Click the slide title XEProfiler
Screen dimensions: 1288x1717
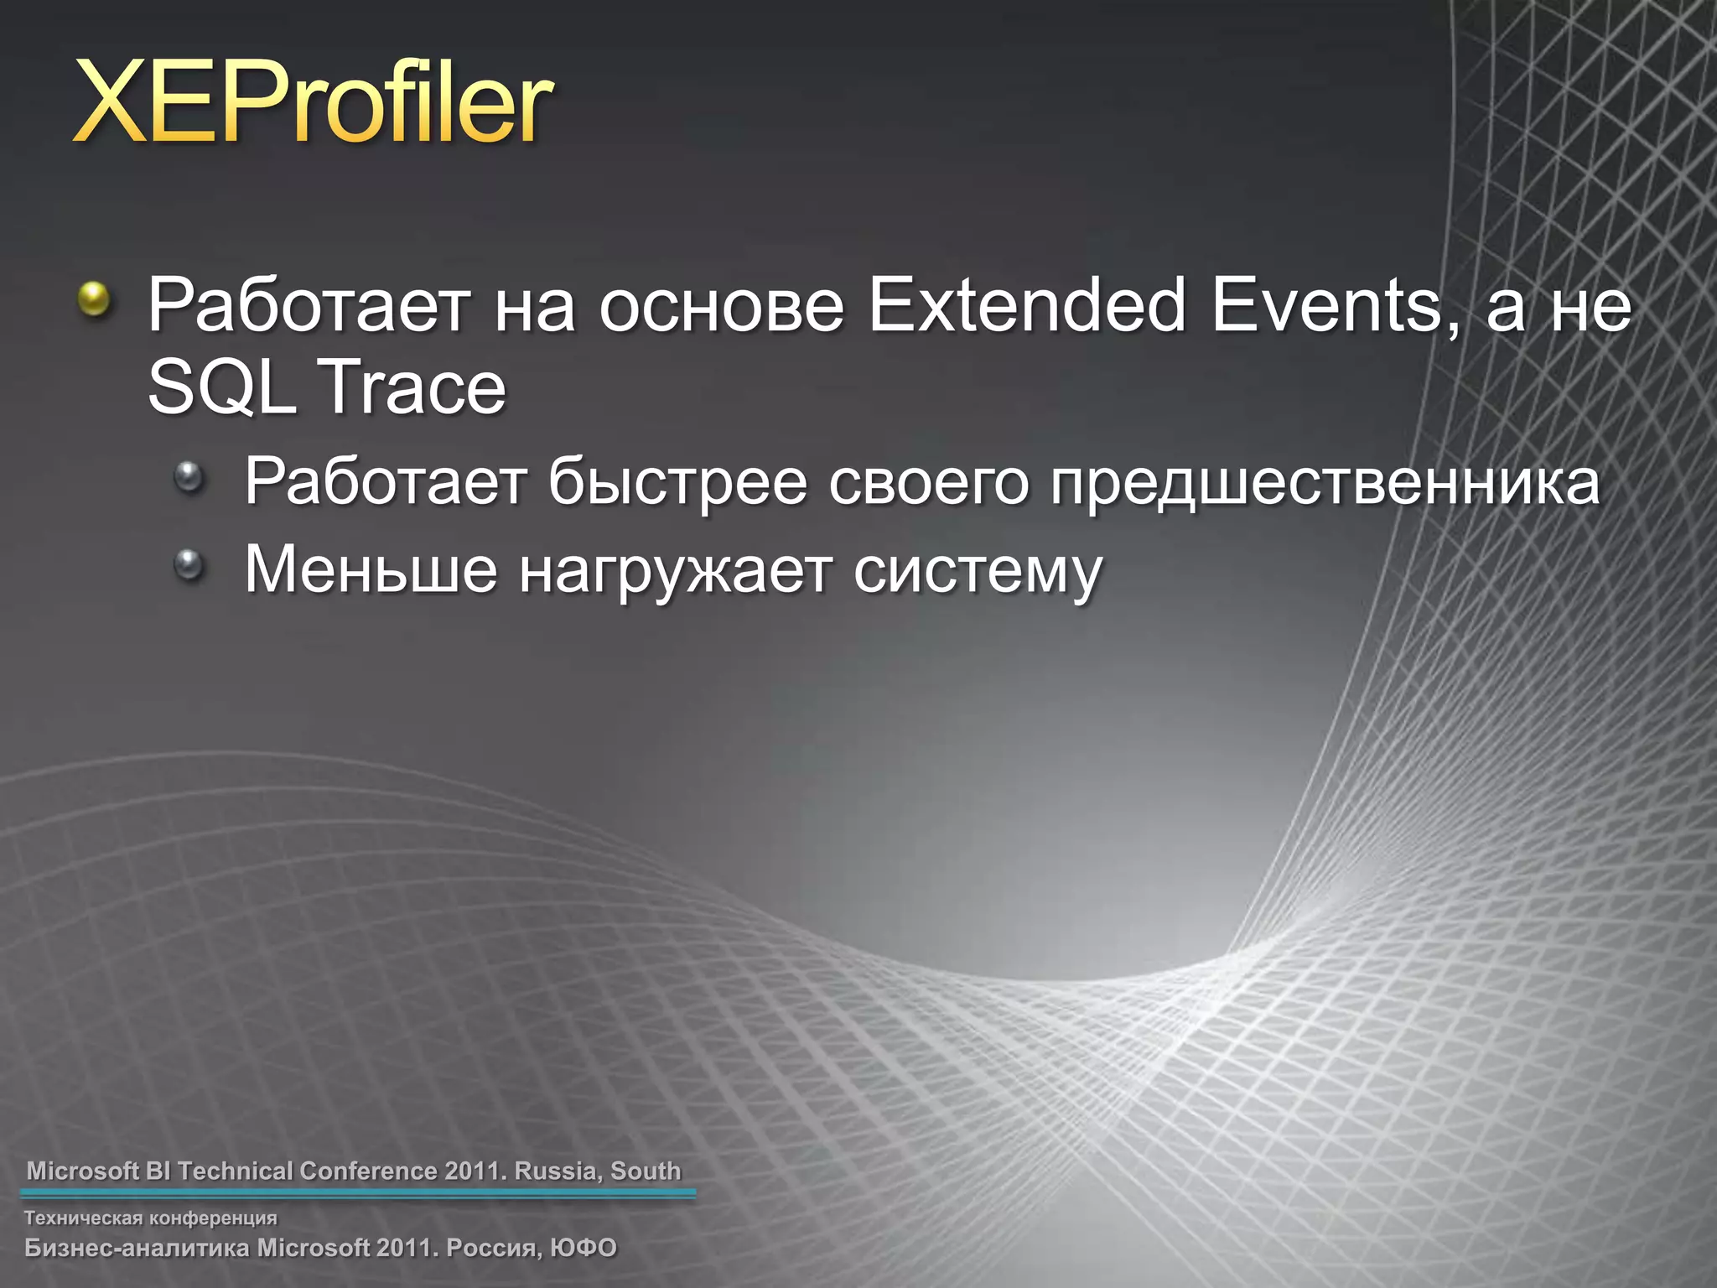pyautogui.click(x=312, y=106)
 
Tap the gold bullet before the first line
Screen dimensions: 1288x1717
pyautogui.click(x=95, y=299)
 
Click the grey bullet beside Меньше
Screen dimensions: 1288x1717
pyautogui.click(x=189, y=564)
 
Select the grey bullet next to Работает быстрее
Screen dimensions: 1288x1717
pyautogui.click(x=189, y=477)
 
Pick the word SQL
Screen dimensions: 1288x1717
pyautogui.click(x=221, y=387)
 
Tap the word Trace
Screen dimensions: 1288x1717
pyautogui.click(x=413, y=387)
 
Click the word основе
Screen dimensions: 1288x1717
pyautogui.click(x=721, y=307)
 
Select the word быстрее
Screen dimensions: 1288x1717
pyautogui.click(x=677, y=483)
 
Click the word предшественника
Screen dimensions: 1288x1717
pyautogui.click(x=1325, y=483)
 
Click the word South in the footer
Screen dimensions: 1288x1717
pyautogui.click(x=646, y=1171)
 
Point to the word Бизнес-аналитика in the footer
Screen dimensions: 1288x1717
pyautogui.click(x=137, y=1248)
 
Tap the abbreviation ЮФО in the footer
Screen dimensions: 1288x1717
pyautogui.click(x=584, y=1248)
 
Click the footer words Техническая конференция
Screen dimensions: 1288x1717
pyautogui.click(x=151, y=1218)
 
